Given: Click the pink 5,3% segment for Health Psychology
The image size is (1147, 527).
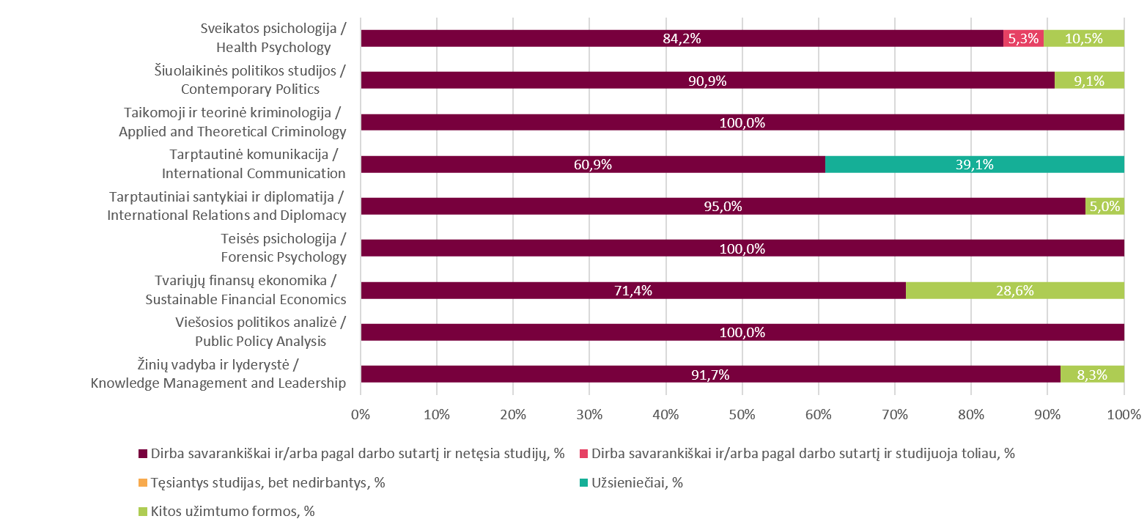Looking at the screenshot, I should click(x=1023, y=38).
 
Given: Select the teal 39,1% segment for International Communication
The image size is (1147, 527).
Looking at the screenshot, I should click(x=975, y=164).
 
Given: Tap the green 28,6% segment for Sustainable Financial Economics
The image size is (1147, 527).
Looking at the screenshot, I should click(x=1015, y=290).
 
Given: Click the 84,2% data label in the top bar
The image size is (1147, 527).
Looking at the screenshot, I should click(x=682, y=39).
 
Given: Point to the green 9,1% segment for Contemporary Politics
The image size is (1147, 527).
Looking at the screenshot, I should click(x=1089, y=81).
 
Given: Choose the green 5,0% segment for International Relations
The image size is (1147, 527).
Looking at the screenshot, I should click(x=1104, y=206).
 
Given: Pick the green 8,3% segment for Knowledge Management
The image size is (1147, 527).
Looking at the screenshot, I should click(x=1092, y=374).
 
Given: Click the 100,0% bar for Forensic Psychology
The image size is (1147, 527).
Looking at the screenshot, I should click(x=742, y=248).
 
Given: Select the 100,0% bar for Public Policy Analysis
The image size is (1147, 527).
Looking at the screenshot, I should click(x=742, y=332).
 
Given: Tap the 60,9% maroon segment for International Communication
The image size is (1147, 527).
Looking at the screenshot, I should click(x=593, y=164).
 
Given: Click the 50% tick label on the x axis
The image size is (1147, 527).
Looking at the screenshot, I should click(x=742, y=414).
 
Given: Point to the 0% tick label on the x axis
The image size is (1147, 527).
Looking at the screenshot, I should click(x=361, y=414).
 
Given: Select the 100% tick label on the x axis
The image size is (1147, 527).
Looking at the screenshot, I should click(x=1124, y=414).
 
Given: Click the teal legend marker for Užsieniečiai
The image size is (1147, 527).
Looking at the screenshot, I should click(x=583, y=483).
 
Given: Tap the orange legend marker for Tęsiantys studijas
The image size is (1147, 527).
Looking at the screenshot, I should click(x=142, y=483).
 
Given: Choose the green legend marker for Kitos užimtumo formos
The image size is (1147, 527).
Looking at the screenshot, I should click(x=142, y=512).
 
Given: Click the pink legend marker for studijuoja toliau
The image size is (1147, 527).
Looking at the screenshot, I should click(x=583, y=454).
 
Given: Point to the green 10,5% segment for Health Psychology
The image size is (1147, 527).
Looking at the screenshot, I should click(x=1084, y=38).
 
